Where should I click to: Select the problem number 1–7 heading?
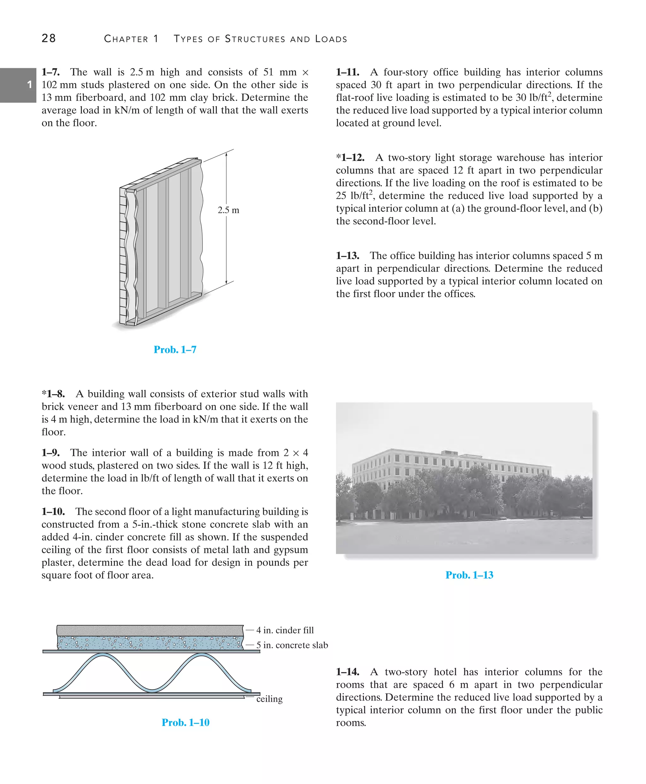click(50, 72)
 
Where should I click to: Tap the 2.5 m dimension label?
click(228, 210)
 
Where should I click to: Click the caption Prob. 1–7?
click(175, 349)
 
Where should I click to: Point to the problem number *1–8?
click(53, 394)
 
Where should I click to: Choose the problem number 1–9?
click(50, 453)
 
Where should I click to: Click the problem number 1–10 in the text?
click(53, 511)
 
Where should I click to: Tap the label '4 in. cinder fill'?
click(285, 630)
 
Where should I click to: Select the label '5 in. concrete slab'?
click(292, 645)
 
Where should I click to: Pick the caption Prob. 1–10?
click(185, 722)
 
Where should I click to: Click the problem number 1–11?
click(348, 72)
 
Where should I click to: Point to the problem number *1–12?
click(350, 157)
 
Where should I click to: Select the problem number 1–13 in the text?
click(348, 256)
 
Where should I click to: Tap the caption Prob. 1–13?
click(469, 575)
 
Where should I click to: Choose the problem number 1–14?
click(348, 672)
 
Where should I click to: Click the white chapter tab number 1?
click(30, 85)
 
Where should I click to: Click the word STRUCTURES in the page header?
click(255, 39)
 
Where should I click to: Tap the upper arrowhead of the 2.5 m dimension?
click(226, 155)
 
